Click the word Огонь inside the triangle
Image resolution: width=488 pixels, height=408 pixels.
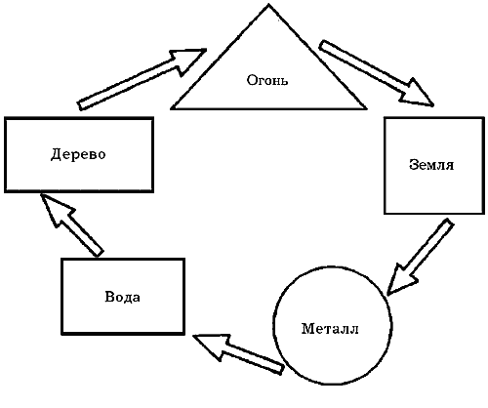(267, 80)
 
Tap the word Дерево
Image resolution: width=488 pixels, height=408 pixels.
(78, 154)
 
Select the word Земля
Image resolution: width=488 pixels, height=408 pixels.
(431, 165)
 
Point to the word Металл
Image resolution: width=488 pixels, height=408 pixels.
(330, 329)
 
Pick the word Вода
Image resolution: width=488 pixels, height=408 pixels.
(123, 297)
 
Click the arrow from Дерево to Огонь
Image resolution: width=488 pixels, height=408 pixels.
(142, 79)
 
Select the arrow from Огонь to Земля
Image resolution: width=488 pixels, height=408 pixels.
(377, 73)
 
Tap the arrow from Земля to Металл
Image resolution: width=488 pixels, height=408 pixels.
(420, 257)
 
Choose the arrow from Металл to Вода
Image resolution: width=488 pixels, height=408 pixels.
(238, 354)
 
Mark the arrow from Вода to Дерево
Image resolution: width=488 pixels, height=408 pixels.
(71, 224)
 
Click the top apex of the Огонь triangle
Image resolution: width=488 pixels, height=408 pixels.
(268, 5)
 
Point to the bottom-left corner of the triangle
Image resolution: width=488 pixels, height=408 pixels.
(172, 108)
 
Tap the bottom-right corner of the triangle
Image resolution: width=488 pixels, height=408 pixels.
(366, 108)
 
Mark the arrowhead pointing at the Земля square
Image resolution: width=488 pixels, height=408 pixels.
(419, 96)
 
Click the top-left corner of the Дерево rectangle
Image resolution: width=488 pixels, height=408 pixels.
(6, 118)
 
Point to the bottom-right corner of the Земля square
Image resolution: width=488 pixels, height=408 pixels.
(483, 213)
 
